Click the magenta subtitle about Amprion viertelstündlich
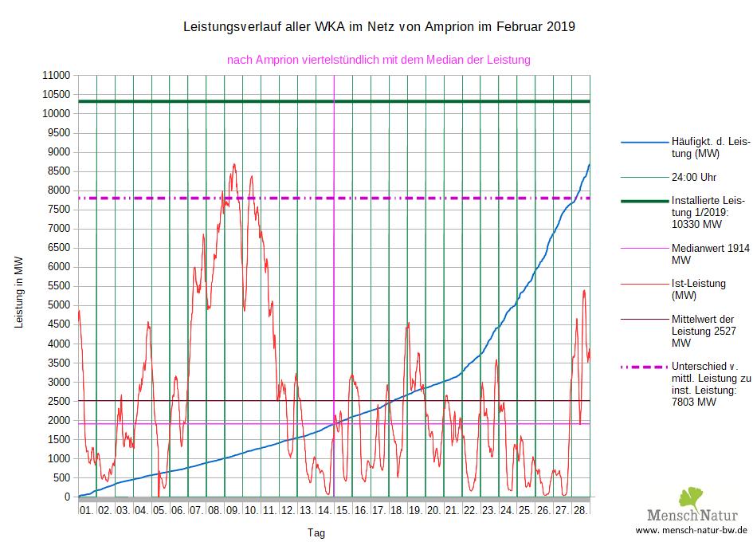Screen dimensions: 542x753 click(378, 60)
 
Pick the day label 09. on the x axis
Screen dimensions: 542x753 click(232, 509)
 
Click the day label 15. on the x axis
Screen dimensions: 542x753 click(342, 509)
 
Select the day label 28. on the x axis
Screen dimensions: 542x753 click(580, 509)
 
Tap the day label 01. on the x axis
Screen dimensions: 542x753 click(86, 509)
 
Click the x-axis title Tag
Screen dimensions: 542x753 click(316, 532)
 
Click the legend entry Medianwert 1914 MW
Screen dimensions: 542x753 click(710, 254)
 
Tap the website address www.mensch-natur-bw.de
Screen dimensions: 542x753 click(692, 529)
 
